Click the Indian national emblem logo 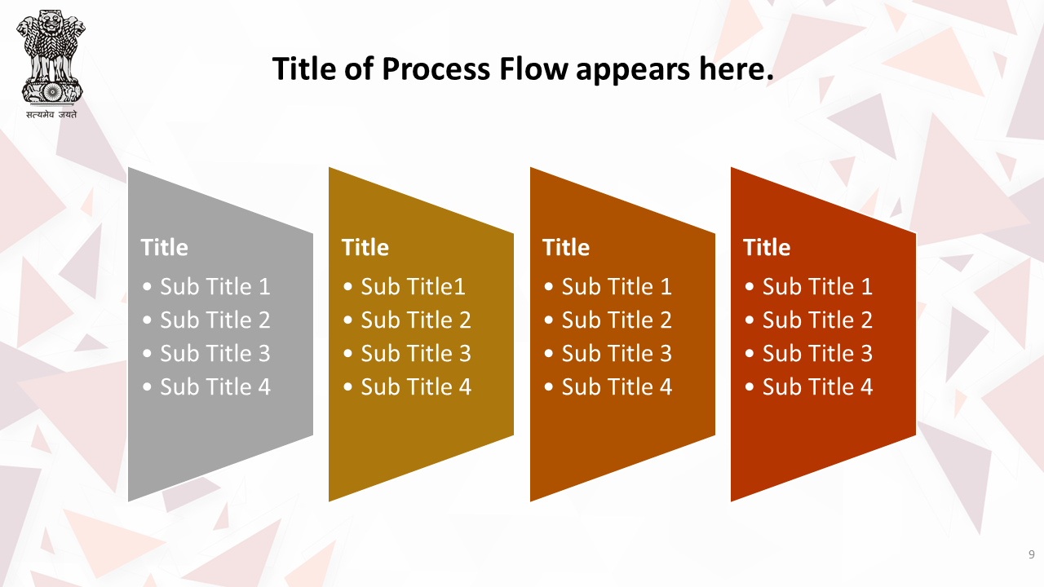tap(51, 57)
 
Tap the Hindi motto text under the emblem tap(51, 115)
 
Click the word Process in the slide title tap(436, 69)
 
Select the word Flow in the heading tap(533, 69)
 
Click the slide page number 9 tap(1031, 554)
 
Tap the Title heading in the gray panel tap(164, 247)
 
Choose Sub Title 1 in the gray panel tap(215, 286)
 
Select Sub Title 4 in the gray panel tap(215, 387)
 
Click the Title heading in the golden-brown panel tap(365, 247)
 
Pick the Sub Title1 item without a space tap(413, 286)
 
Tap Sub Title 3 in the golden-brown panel tap(416, 354)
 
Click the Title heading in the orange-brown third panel tap(566, 247)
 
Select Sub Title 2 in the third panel tap(617, 320)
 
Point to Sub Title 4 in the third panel tap(617, 387)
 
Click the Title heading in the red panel tap(767, 247)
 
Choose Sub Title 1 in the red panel tap(817, 286)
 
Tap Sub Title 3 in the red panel tap(817, 354)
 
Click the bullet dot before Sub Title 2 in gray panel tap(148, 320)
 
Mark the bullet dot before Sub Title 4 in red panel tap(750, 387)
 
